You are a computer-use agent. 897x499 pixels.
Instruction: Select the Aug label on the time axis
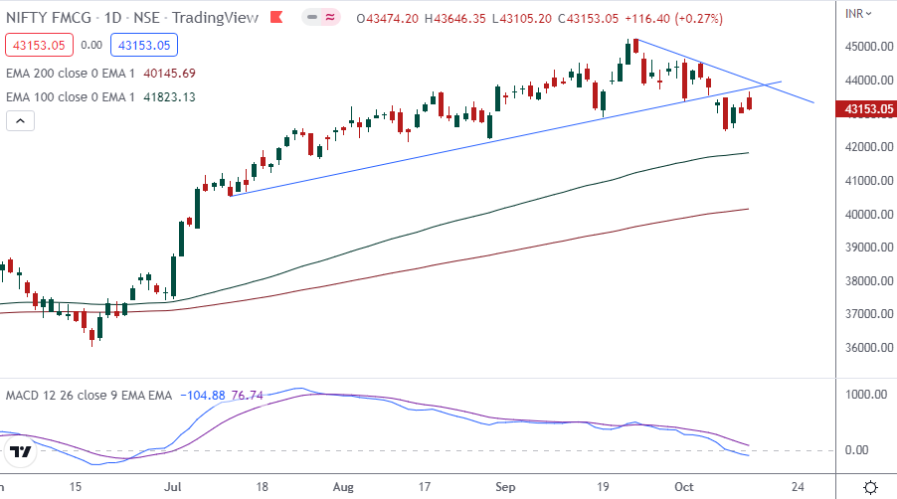pyautogui.click(x=343, y=487)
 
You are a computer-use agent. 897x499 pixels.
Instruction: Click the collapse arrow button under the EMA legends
pyautogui.click(x=20, y=120)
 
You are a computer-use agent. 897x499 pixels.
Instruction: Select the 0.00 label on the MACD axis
pyautogui.click(x=857, y=450)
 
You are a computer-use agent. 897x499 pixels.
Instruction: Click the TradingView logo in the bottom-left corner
pyautogui.click(x=21, y=452)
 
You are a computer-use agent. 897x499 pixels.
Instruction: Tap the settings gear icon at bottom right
pyautogui.click(x=870, y=487)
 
